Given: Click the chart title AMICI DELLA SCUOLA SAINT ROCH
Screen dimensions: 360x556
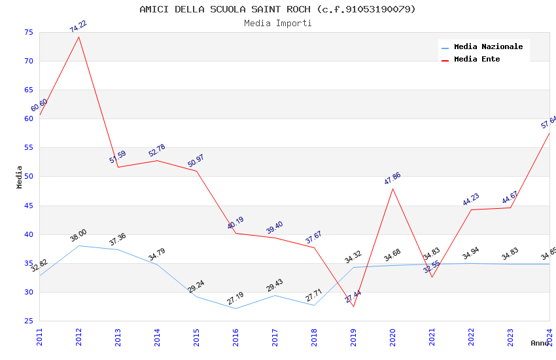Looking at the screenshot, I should (x=277, y=9).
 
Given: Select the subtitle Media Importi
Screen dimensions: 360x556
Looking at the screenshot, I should (x=277, y=23).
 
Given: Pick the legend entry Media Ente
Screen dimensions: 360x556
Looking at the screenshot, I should (x=477, y=59).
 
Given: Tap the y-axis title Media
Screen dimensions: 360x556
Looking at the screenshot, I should (x=20, y=177).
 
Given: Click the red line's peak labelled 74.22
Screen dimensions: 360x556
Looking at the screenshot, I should (x=79, y=37).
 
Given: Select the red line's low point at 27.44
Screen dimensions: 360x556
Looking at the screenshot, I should (x=353, y=306).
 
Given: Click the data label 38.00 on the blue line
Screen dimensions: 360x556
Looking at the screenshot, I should (x=78, y=236).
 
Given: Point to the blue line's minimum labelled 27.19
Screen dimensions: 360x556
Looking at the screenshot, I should (x=235, y=308).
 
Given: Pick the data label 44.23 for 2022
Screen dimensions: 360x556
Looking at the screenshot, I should (x=471, y=200).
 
